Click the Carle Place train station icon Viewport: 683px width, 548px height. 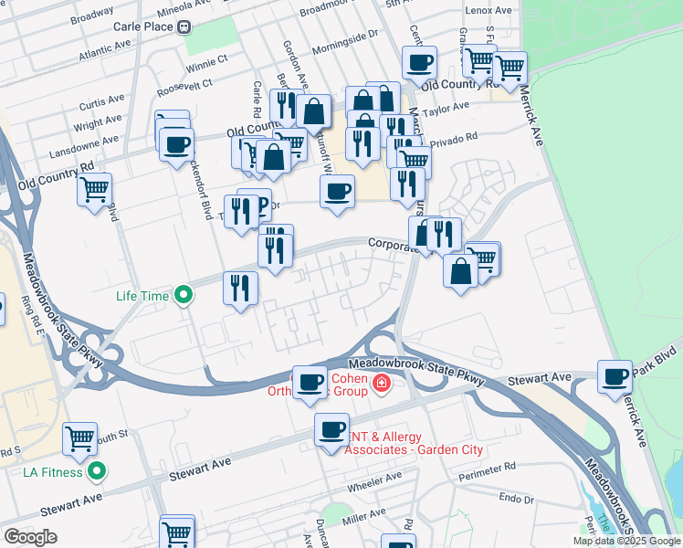(x=184, y=26)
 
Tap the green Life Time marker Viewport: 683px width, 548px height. (x=184, y=295)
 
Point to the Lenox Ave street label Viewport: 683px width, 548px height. (x=489, y=10)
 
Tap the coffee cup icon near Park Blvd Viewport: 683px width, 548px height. (x=615, y=375)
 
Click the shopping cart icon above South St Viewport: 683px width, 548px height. (x=80, y=439)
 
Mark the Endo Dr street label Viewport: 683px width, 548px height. (x=516, y=500)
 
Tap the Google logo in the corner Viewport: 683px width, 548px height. (x=30, y=537)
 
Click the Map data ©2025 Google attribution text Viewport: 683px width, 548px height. (x=626, y=541)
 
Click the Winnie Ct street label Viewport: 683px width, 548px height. (x=206, y=63)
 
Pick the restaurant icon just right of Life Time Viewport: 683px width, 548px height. (x=241, y=289)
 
